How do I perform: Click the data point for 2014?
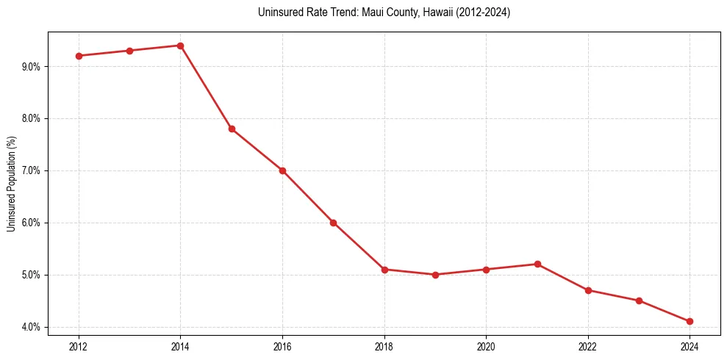(180, 46)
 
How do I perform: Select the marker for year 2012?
(79, 56)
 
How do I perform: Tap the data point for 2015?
(232, 129)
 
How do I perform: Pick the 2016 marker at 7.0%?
(282, 170)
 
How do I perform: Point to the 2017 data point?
(333, 223)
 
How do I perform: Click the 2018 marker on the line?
(384, 270)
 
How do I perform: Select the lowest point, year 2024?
(690, 321)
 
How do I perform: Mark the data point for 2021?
(537, 264)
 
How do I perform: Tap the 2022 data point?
(588, 290)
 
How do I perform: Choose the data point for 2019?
(435, 275)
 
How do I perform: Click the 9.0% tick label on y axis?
(32, 66)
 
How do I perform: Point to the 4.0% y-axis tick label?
(32, 327)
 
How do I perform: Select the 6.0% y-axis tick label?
(32, 223)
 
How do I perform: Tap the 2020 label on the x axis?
(486, 345)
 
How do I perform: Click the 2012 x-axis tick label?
(79, 345)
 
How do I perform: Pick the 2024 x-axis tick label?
(690, 345)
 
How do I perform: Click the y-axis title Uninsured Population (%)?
(11, 184)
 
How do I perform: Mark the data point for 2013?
(129, 51)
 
